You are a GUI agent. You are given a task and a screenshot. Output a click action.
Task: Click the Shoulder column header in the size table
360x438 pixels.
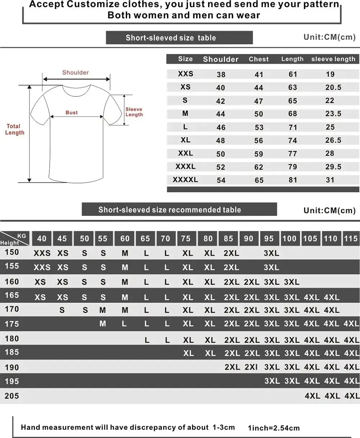click(221, 59)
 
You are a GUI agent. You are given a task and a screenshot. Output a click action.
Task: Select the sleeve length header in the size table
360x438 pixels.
click(333, 59)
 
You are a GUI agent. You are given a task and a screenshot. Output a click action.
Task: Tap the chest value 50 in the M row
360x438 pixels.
click(259, 114)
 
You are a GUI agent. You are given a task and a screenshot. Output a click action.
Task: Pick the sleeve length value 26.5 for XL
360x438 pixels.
click(333, 140)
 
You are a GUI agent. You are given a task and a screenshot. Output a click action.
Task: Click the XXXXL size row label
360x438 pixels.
click(185, 179)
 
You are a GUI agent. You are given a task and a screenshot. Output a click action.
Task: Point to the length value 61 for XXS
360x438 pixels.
click(293, 74)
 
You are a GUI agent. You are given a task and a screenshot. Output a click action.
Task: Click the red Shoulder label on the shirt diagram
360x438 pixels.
click(76, 73)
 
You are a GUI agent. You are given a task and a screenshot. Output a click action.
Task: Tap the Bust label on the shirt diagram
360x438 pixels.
click(72, 113)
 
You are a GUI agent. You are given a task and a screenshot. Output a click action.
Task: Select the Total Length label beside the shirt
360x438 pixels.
click(15, 129)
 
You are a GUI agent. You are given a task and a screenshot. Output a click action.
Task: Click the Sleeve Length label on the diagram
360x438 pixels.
click(134, 112)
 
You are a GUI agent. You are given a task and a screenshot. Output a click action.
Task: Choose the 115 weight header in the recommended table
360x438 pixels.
click(351, 238)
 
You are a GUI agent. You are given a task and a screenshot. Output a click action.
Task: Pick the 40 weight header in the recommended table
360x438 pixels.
click(42, 238)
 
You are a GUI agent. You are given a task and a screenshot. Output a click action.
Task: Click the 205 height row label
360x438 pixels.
click(12, 396)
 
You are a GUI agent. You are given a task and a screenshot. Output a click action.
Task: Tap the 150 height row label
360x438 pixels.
click(12, 252)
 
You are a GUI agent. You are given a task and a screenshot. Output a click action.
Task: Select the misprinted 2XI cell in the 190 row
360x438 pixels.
click(251, 367)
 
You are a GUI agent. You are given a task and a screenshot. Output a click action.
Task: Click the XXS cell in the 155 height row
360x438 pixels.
click(42, 268)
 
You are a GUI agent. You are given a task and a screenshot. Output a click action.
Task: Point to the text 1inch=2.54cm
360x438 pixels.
click(274, 428)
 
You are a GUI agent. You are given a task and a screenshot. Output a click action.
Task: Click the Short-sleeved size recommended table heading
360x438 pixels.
click(170, 210)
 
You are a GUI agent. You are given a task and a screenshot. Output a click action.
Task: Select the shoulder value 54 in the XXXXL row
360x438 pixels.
click(221, 180)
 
